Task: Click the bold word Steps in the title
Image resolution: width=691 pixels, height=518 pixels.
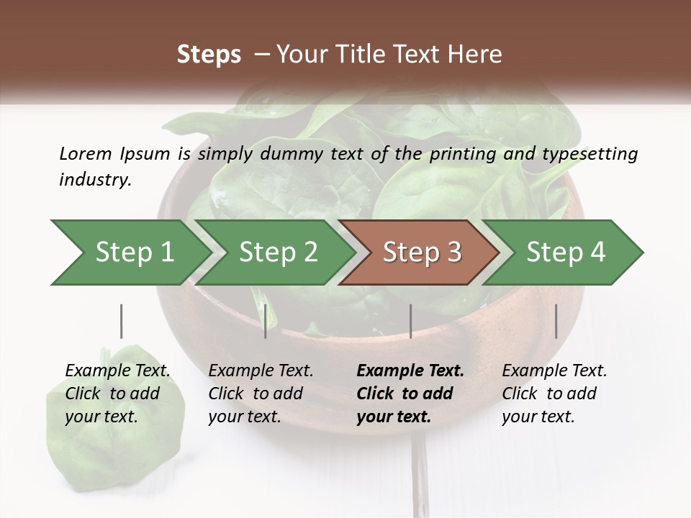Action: [x=209, y=55]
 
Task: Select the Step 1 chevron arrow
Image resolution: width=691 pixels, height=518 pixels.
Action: [x=130, y=252]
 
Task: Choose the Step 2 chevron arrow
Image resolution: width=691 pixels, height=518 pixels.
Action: [x=277, y=252]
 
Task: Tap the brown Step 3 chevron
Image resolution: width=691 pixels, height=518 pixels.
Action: [x=420, y=252]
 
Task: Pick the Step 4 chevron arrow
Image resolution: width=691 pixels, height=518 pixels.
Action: [x=565, y=252]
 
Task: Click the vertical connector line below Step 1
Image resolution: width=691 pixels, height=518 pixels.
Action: [x=122, y=321]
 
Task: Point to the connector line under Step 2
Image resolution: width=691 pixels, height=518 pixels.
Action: [x=266, y=321]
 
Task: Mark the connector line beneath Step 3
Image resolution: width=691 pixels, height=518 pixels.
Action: [x=410, y=321]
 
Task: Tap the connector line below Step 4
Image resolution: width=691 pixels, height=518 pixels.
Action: [x=556, y=321]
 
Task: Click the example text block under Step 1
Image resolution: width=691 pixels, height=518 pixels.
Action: [x=117, y=394]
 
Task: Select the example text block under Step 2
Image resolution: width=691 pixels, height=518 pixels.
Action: [x=261, y=394]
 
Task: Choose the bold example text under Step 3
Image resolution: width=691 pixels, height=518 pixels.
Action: [x=410, y=394]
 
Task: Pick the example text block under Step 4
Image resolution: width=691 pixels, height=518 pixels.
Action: [x=554, y=394]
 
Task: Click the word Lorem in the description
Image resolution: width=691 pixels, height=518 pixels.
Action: [x=85, y=154]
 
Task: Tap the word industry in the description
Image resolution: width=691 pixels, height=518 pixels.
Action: [x=94, y=180]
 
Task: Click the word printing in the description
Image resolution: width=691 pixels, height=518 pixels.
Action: [x=461, y=154]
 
